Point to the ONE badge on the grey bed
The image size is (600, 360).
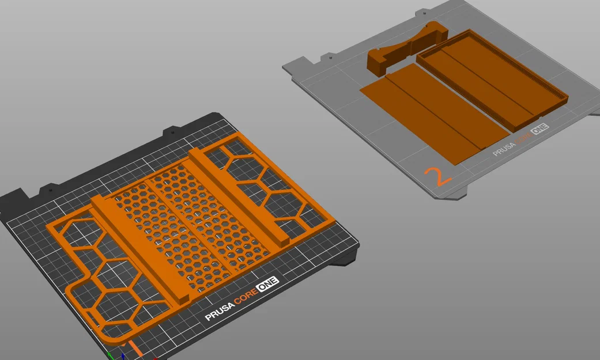pyautogui.click(x=539, y=129)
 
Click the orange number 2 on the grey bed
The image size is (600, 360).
pyautogui.click(x=438, y=176)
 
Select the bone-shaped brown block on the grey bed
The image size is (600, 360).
pyautogui.click(x=407, y=49)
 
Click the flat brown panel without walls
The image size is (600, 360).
pyautogui.click(x=435, y=113)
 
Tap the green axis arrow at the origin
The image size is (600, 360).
pyautogui.click(x=110, y=356)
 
